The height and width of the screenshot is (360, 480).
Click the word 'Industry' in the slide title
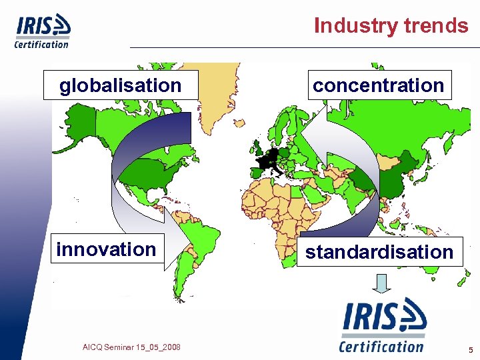(355, 25)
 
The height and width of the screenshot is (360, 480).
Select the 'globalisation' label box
(121, 85)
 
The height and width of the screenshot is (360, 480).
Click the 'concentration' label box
(378, 85)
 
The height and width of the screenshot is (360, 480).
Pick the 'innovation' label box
(107, 249)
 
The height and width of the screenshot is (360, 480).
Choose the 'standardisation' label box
(379, 252)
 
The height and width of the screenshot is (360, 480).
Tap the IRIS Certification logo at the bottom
(382, 325)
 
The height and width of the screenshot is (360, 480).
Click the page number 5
(471, 349)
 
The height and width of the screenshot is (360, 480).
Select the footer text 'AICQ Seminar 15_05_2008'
(131, 347)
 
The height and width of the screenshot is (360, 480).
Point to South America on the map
(200, 240)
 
